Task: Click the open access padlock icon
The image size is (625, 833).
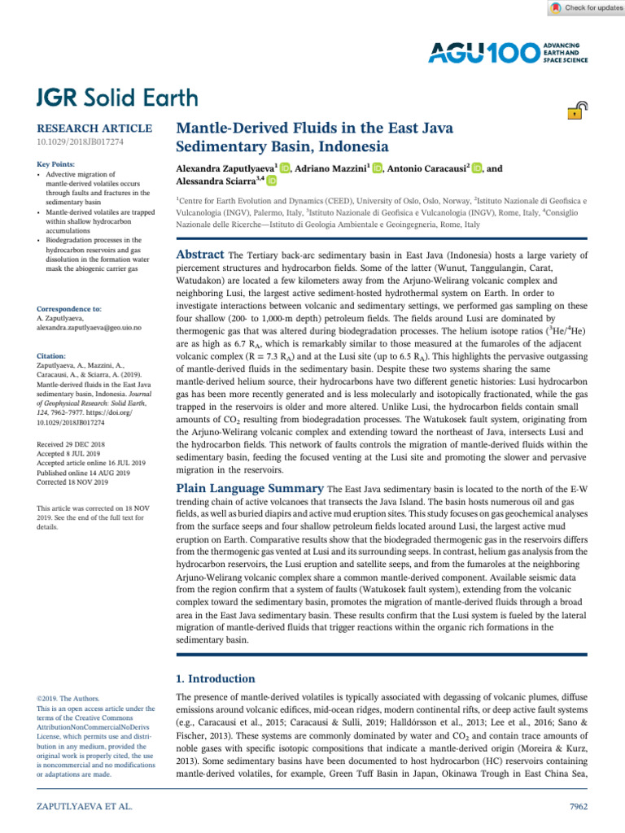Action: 575,111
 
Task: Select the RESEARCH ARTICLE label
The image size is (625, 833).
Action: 94,129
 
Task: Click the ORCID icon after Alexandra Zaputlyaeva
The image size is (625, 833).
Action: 285,168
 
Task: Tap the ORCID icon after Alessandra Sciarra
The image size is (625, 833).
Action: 271,182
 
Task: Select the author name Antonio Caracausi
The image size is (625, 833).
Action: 430,168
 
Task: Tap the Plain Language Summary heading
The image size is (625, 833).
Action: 250,489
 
